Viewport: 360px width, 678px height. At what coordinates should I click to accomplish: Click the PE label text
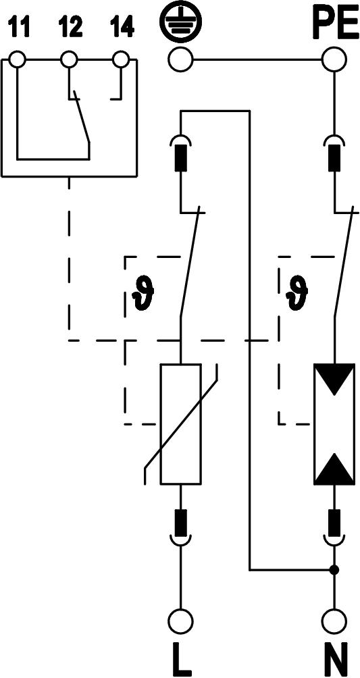point(333,25)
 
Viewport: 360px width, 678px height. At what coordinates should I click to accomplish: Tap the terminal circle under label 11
point(18,59)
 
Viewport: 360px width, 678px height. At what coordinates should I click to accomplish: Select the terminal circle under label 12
point(69,59)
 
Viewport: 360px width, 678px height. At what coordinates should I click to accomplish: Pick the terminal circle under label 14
point(121,59)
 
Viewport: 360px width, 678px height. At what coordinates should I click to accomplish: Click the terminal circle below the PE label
point(334,59)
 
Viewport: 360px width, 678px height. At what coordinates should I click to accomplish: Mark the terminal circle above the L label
point(180,621)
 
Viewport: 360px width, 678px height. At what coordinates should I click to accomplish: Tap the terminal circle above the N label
point(334,621)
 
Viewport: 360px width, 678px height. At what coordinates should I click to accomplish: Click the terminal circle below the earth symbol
point(180,59)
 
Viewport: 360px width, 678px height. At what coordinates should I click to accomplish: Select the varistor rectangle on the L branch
point(180,424)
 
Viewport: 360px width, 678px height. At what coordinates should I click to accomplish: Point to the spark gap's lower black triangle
point(334,469)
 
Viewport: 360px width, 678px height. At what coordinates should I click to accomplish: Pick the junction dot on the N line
point(334,569)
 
